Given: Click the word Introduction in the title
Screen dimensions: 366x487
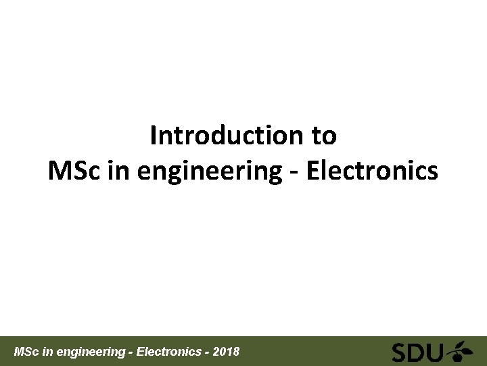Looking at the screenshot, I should pyautogui.click(x=227, y=136).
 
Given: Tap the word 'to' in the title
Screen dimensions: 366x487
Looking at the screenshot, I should pyautogui.click(x=324, y=136).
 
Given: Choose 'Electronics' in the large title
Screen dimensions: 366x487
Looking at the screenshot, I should pyautogui.click(x=372, y=171).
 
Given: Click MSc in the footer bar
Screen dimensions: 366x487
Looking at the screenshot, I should pyautogui.click(x=26, y=352).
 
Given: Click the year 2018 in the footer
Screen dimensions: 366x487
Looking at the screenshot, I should pyautogui.click(x=226, y=352).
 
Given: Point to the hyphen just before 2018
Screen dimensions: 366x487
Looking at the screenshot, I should pyautogui.click(x=206, y=352).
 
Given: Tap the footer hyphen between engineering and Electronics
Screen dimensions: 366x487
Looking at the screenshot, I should pyautogui.click(x=131, y=352).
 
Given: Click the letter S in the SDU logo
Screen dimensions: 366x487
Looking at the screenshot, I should pyautogui.click(x=400, y=352).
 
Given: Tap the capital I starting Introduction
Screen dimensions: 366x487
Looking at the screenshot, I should pyautogui.click(x=153, y=136).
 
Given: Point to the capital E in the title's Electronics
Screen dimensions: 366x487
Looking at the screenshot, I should pyautogui.click(x=313, y=171).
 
